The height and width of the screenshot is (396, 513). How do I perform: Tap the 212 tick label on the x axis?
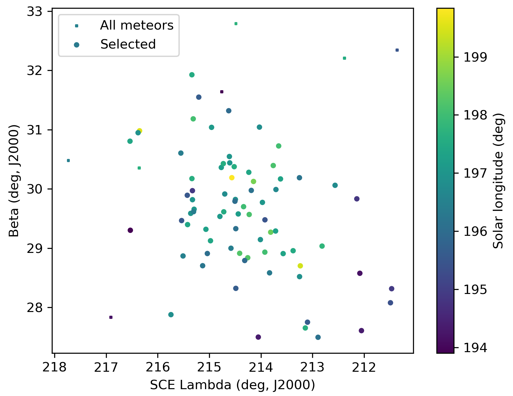tap(364, 367)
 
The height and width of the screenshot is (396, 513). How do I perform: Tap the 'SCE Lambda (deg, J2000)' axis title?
tap(232, 385)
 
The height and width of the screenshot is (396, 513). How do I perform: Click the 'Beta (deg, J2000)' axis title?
tap(14, 181)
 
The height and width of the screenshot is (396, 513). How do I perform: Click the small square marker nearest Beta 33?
tap(236, 24)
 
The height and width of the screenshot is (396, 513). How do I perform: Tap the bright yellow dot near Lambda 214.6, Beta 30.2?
tap(232, 178)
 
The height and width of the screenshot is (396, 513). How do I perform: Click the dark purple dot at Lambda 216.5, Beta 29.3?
tap(130, 230)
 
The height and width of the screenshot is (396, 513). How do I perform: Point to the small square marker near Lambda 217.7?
tap(68, 161)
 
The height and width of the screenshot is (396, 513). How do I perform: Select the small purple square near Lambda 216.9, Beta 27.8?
tap(111, 317)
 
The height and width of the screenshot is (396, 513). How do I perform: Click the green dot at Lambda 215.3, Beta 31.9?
tap(192, 75)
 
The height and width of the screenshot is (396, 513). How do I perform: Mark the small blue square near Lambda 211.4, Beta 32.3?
tap(397, 50)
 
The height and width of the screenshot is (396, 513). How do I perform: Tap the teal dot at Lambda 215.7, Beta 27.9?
tap(171, 314)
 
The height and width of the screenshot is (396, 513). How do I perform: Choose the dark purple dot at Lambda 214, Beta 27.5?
tap(258, 337)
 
